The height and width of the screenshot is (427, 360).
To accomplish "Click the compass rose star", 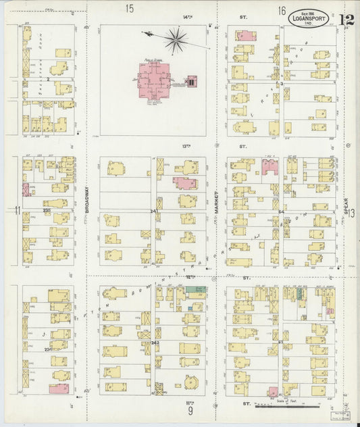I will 176,41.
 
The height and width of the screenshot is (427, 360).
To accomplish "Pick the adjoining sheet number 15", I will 129,9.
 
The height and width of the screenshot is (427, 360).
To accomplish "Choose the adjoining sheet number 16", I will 282,10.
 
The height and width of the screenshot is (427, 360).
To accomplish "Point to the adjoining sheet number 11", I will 16,209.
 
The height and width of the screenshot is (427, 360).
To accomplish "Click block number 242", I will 155,343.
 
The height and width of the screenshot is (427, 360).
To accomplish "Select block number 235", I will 47,210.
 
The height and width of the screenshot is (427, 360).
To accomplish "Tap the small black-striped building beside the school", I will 191,82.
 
